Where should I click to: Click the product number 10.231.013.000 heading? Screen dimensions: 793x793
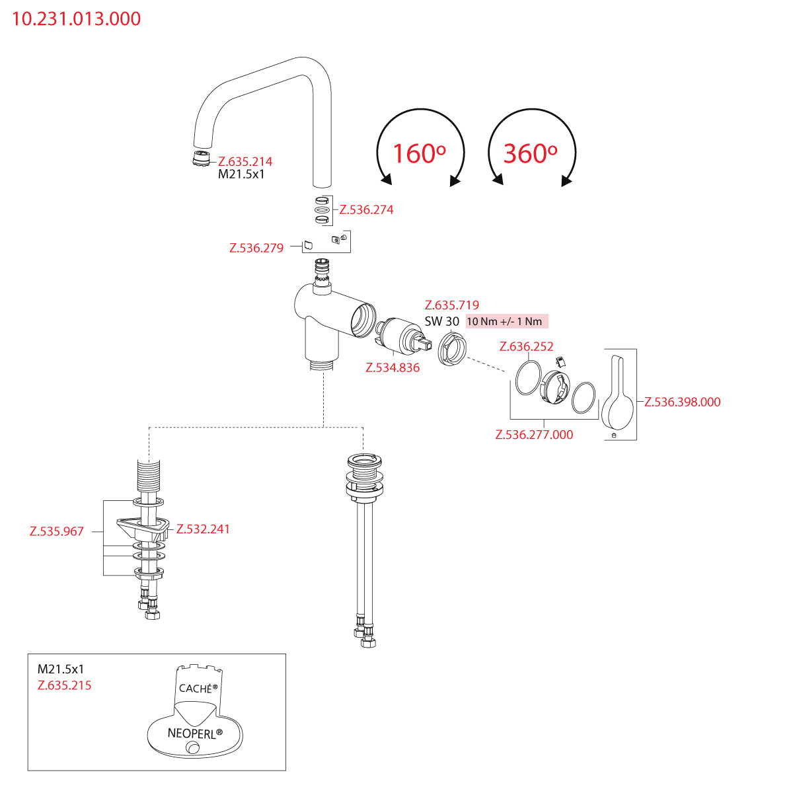(x=77, y=19)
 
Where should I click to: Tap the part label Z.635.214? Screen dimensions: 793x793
(x=245, y=161)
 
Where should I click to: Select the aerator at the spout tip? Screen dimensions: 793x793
(x=198, y=159)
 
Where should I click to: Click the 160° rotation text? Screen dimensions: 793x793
(x=419, y=153)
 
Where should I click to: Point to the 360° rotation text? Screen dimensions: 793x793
(x=530, y=153)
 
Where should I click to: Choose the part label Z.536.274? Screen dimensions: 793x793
(x=366, y=209)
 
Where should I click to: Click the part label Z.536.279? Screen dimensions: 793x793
(x=256, y=248)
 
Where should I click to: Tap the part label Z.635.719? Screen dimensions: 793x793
(x=452, y=305)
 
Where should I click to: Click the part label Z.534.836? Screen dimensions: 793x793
(x=393, y=367)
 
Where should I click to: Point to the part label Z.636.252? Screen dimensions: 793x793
(x=527, y=346)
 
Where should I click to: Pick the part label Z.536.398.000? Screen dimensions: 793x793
(x=682, y=402)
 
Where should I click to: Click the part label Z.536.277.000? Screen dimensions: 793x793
(x=534, y=434)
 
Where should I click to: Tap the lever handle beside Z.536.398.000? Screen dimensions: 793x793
(x=619, y=393)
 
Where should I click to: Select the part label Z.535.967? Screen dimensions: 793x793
(x=57, y=531)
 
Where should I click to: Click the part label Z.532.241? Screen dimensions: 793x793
(x=203, y=529)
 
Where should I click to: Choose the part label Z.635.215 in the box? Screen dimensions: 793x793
(x=65, y=685)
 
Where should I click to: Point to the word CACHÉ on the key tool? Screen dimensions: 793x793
(x=196, y=688)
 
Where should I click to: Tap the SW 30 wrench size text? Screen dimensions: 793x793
(x=442, y=321)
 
